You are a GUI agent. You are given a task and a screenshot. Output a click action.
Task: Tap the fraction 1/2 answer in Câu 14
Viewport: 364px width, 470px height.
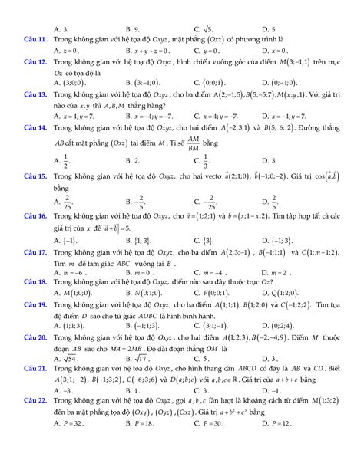pos(68,160)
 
